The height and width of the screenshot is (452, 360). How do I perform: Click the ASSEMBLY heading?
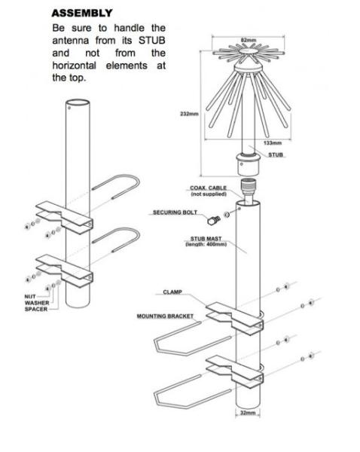click(x=82, y=13)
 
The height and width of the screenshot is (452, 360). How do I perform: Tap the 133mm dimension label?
click(x=273, y=142)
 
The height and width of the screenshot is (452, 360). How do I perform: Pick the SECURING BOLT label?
click(x=175, y=212)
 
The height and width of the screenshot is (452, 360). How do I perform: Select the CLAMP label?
click(x=173, y=292)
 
